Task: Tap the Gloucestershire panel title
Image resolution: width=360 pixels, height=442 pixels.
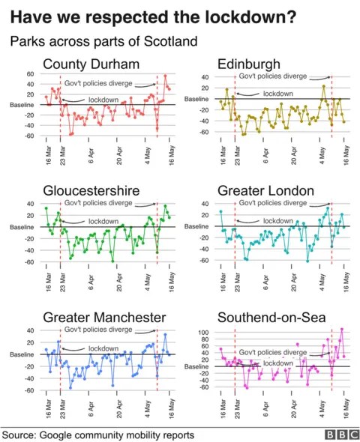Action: pos(92,191)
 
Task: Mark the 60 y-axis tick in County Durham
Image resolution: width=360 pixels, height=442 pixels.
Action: pos(30,74)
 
